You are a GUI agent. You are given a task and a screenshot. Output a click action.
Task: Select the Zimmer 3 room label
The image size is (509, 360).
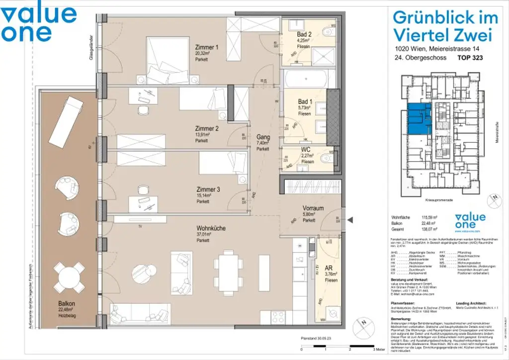207,189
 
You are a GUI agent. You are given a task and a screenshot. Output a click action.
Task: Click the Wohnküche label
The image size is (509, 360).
211,228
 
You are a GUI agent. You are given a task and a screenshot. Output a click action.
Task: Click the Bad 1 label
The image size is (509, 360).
304,101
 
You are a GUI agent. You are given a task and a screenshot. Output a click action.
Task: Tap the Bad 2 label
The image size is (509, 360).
304,34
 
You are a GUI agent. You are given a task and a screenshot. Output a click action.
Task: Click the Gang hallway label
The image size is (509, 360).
262,137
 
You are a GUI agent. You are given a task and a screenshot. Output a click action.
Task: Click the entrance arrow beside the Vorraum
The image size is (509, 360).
349,220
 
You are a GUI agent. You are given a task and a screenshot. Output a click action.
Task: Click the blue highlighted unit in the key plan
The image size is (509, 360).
417,119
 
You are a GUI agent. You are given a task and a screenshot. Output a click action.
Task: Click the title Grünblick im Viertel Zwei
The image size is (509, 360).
445,26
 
